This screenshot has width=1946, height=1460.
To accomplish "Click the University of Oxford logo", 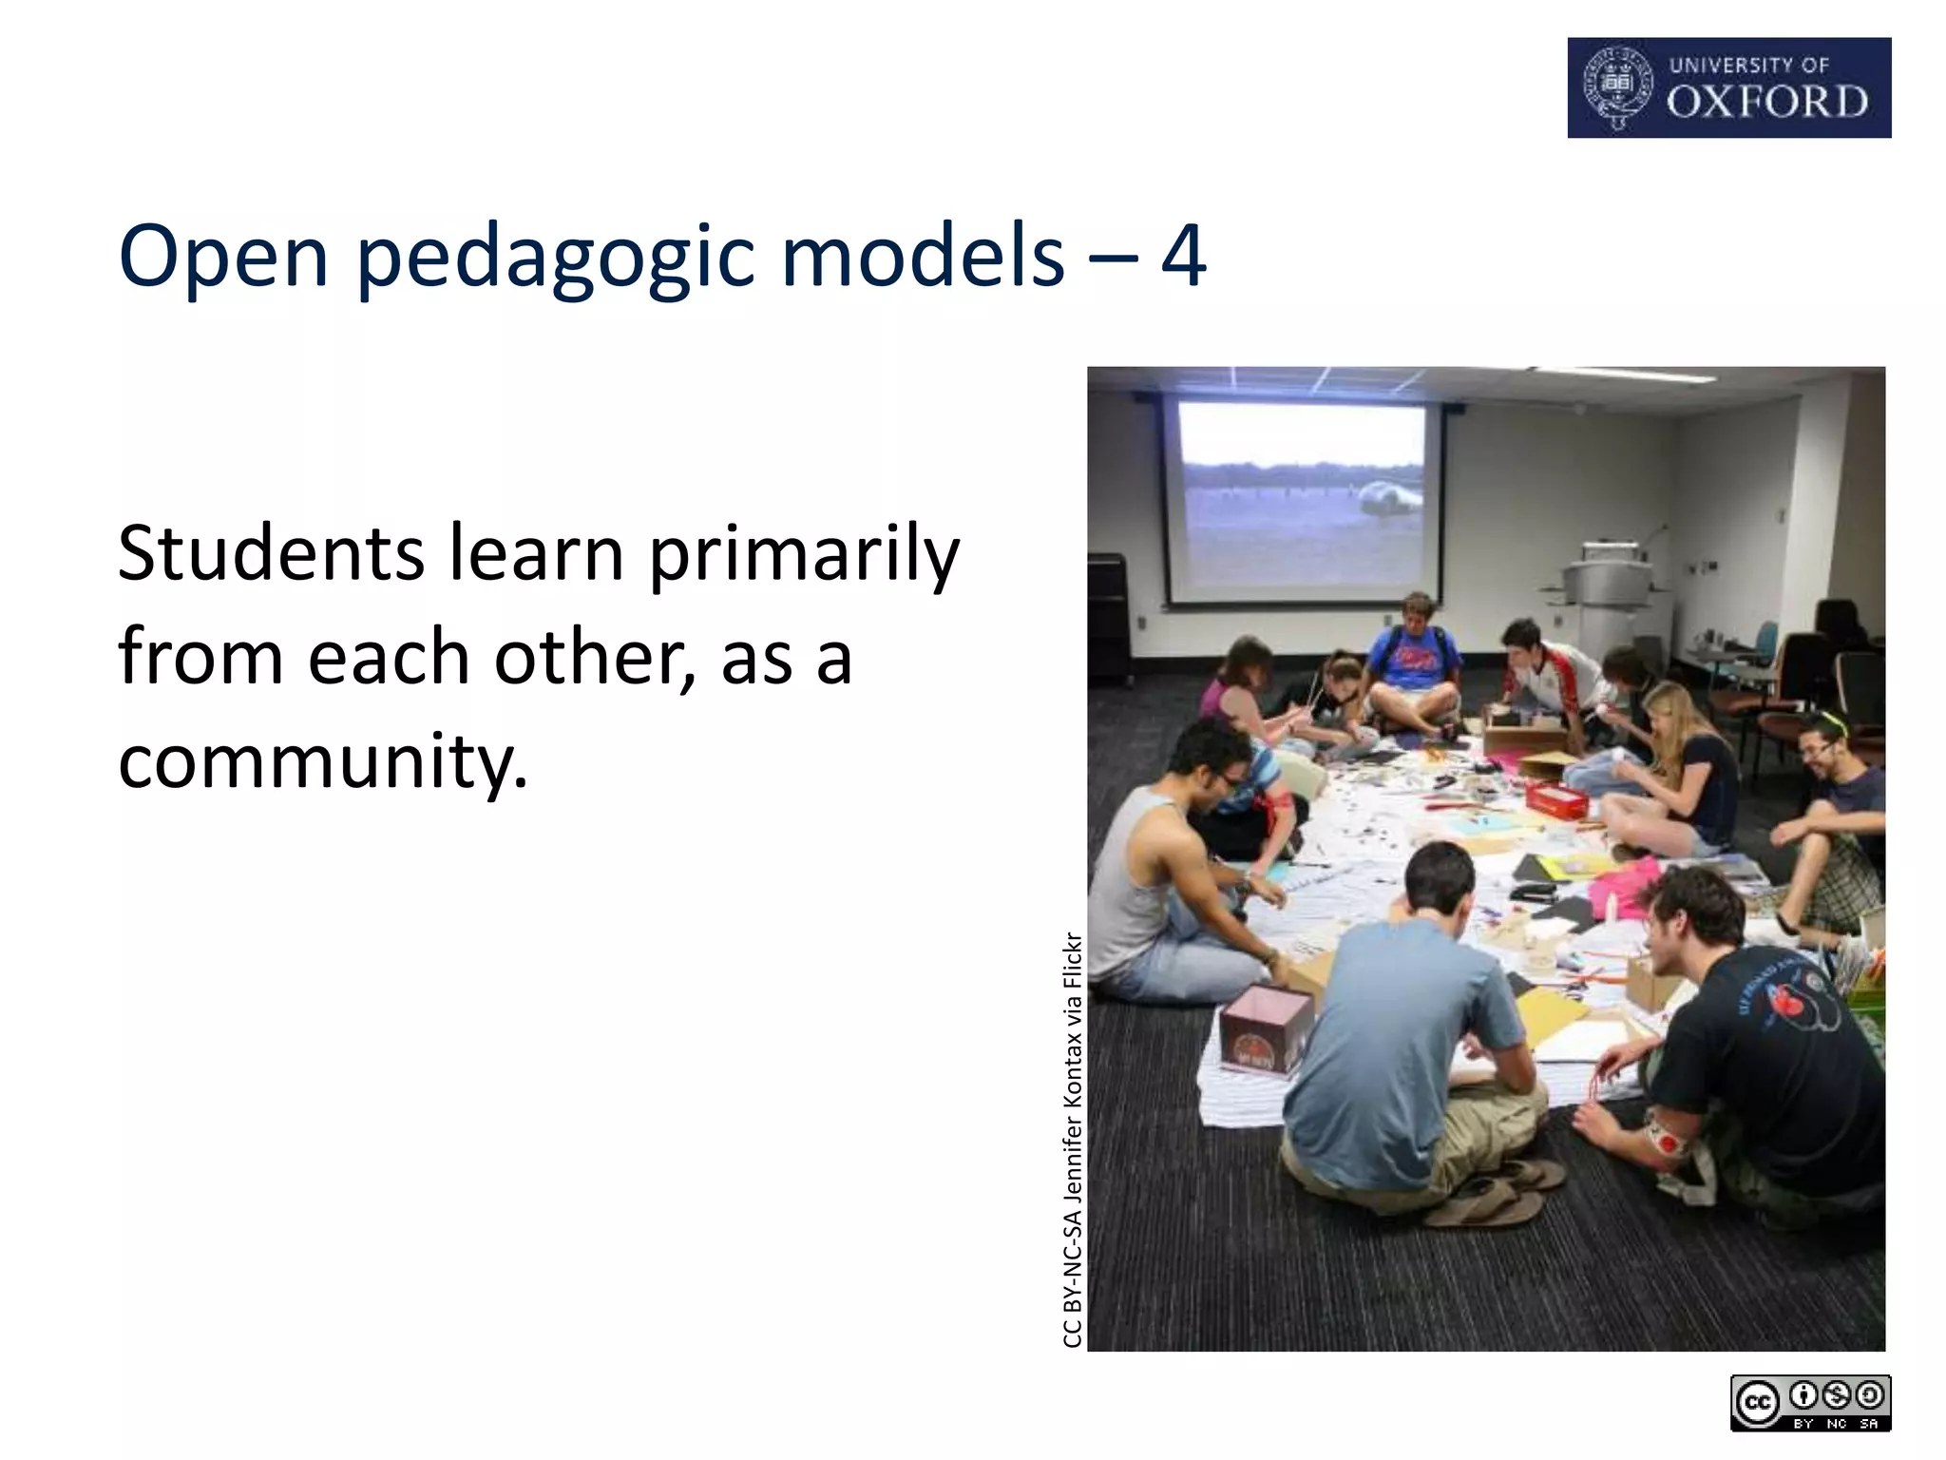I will pyautogui.click(x=1728, y=87).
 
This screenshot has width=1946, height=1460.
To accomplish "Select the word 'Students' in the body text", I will pyautogui.click(x=271, y=554).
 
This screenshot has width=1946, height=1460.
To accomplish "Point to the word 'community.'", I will pyautogui.click(x=322, y=761).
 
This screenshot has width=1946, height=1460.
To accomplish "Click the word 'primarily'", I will pyautogui.click(x=804, y=556).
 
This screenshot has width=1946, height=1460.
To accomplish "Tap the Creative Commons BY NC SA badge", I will pyautogui.click(x=1810, y=1403).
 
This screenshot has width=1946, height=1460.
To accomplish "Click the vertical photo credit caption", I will pyautogui.click(x=1072, y=1140).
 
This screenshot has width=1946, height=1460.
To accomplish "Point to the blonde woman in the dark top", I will pyautogui.click(x=1682, y=760).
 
